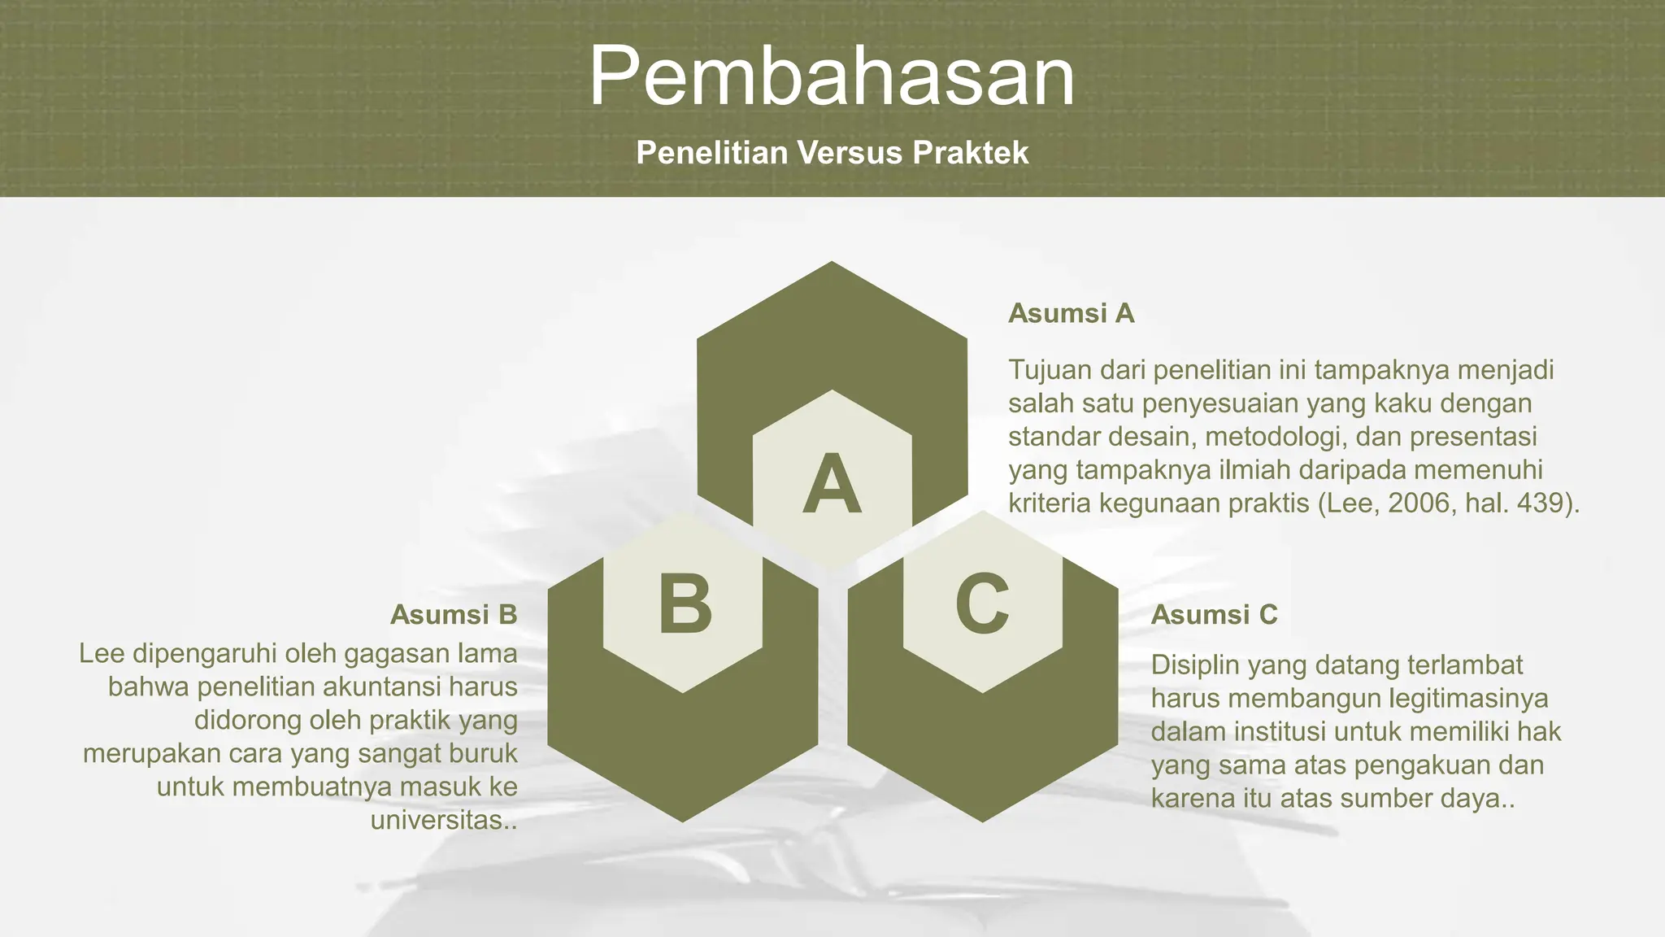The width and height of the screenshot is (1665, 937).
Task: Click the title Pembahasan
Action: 832,76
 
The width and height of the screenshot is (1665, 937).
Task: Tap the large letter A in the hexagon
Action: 832,485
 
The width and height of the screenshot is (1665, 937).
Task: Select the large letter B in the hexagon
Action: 685,604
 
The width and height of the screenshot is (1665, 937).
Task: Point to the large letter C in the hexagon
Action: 982,604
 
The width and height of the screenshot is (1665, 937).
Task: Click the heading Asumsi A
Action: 1071,313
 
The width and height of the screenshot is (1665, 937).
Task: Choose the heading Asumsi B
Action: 454,614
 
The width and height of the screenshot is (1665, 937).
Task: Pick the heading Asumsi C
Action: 1214,614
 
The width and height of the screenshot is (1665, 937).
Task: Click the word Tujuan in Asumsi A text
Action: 1050,370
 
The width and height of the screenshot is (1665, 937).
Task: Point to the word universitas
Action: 440,820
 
